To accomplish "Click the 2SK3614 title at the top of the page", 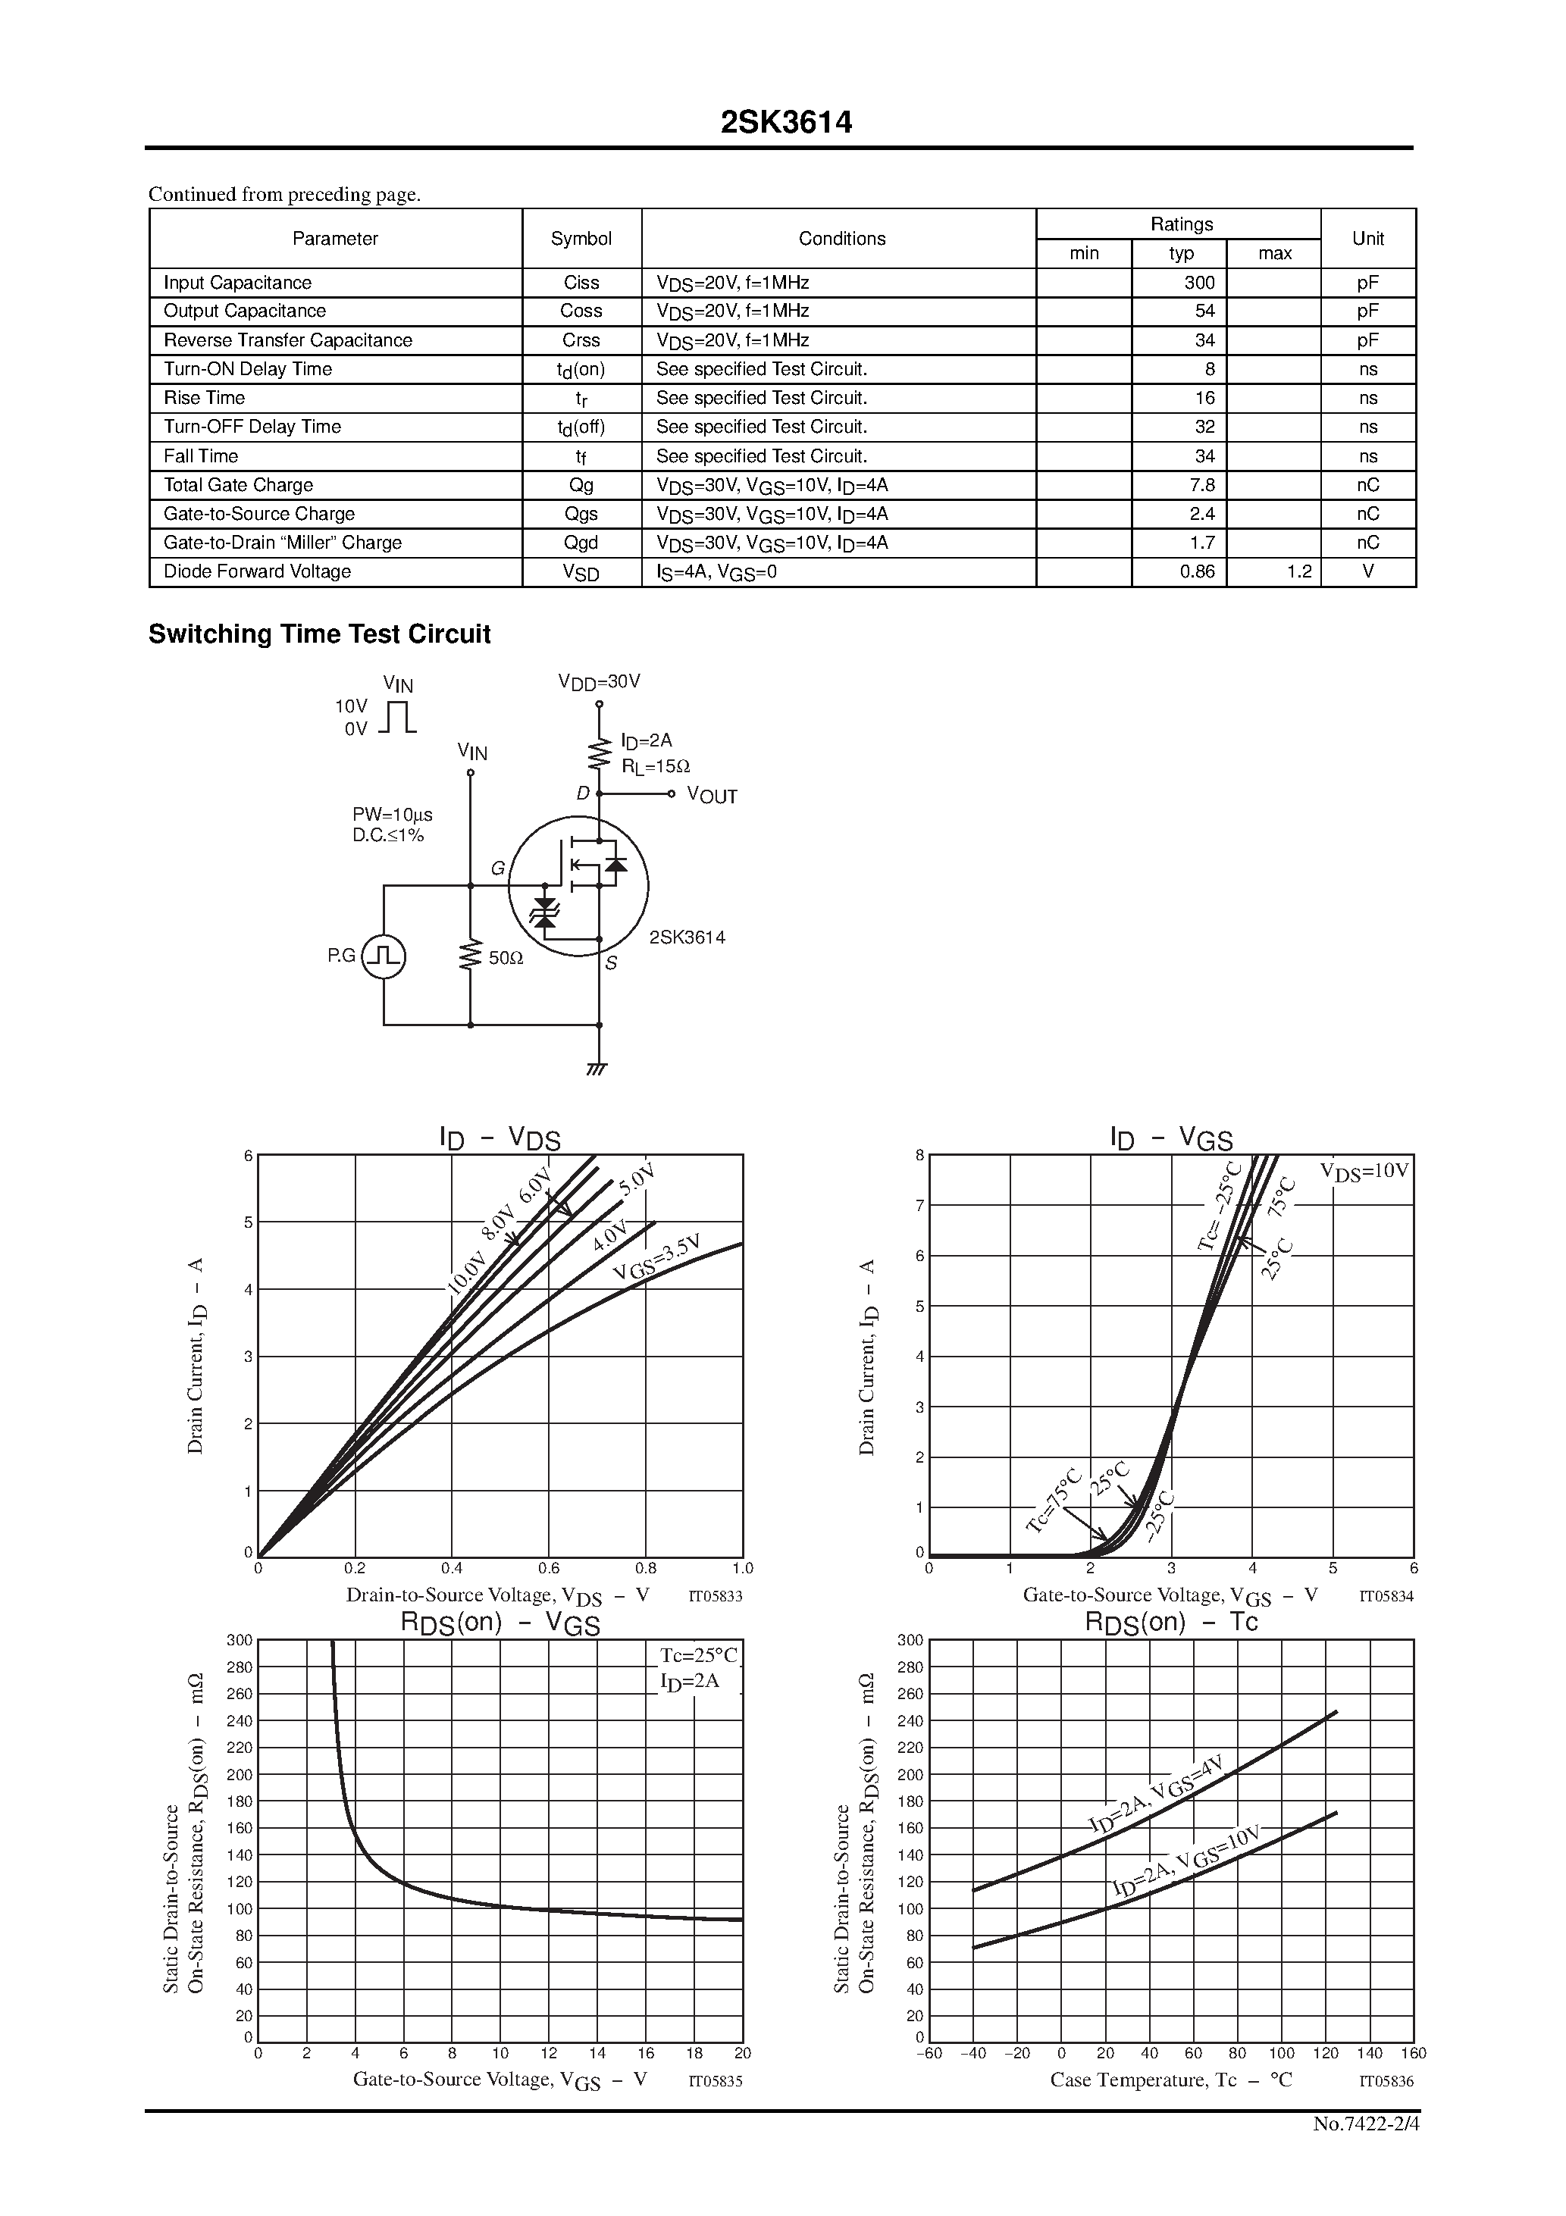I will (786, 123).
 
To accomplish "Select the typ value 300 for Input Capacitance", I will (1198, 283).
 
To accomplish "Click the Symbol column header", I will (581, 239).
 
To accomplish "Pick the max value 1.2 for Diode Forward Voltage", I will (1298, 571).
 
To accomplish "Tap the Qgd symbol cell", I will (581, 543).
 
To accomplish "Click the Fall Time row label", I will (201, 455).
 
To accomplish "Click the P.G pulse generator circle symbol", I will (384, 956).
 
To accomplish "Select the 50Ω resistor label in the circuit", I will (506, 959).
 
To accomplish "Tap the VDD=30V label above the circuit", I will (599, 682).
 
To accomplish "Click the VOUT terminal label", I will (712, 797).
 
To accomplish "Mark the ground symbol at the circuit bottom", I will (597, 1069).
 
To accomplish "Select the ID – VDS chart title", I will (500, 1139).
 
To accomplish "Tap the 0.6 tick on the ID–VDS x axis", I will (548, 1568).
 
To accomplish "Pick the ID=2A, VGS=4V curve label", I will (1156, 1794).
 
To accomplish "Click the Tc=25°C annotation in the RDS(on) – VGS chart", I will (698, 1655).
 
